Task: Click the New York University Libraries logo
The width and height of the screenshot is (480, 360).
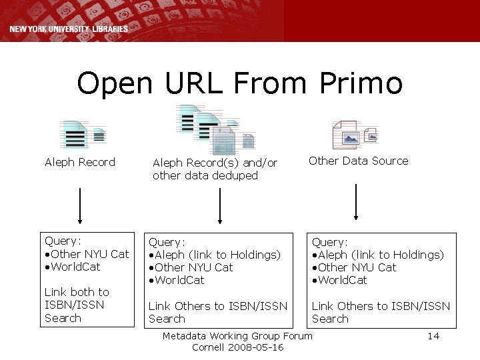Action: pyautogui.click(x=69, y=29)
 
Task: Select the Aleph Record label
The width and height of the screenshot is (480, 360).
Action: pyautogui.click(x=80, y=162)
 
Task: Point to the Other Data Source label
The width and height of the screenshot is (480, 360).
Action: pyautogui.click(x=358, y=161)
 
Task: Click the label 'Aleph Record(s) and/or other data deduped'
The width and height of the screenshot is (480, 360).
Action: pyautogui.click(x=215, y=169)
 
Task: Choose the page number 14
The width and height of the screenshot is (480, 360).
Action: pyautogui.click(x=433, y=336)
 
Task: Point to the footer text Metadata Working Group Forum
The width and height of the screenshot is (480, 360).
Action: pyautogui.click(x=237, y=336)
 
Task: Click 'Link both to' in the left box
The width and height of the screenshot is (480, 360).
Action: pyautogui.click(x=77, y=292)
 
